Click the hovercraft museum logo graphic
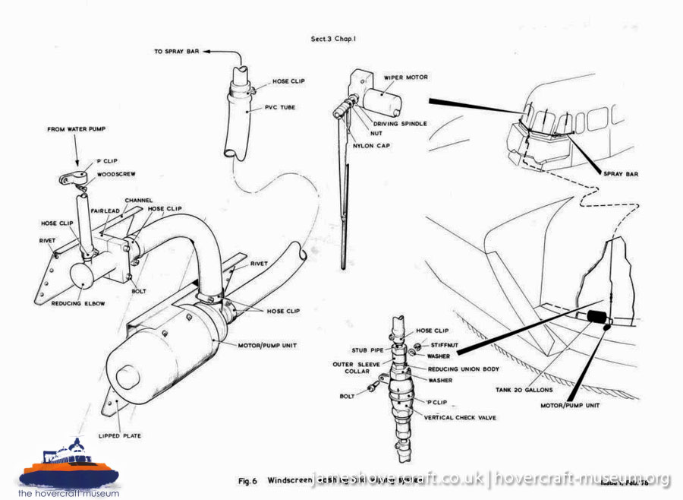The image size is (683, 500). pos(70,467)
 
